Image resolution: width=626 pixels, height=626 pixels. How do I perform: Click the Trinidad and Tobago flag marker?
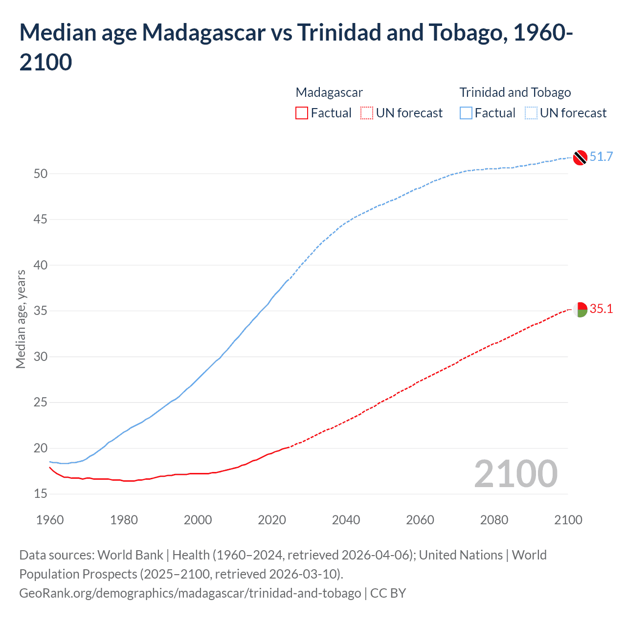pyautogui.click(x=580, y=157)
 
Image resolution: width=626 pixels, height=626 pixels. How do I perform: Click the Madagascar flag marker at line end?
pyautogui.click(x=580, y=310)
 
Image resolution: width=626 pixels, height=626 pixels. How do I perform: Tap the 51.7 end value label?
pyautogui.click(x=601, y=156)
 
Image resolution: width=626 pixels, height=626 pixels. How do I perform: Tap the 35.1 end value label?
pyautogui.click(x=601, y=309)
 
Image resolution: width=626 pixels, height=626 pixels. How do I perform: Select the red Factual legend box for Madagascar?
pyautogui.click(x=302, y=113)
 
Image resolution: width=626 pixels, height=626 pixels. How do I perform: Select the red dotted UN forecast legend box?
pyautogui.click(x=367, y=113)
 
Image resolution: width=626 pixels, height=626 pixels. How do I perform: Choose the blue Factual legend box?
pyautogui.click(x=466, y=113)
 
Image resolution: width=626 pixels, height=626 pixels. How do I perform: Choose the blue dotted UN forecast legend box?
pyautogui.click(x=531, y=113)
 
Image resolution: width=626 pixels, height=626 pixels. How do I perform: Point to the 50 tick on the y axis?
pyautogui.click(x=41, y=174)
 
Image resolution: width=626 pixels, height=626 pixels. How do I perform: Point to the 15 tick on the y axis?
pyautogui.click(x=41, y=494)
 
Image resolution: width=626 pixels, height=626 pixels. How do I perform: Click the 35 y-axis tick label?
pyautogui.click(x=41, y=311)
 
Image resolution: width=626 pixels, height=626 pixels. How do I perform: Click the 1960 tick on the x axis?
pyautogui.click(x=50, y=520)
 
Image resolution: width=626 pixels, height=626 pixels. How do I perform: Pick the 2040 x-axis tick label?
pyautogui.click(x=346, y=520)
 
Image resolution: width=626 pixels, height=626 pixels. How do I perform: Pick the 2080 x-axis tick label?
pyautogui.click(x=494, y=520)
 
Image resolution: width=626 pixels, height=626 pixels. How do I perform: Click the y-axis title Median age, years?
pyautogui.click(x=21, y=319)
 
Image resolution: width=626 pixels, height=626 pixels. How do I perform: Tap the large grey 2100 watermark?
pyautogui.click(x=515, y=474)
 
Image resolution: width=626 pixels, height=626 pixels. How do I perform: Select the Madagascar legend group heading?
pyautogui.click(x=329, y=92)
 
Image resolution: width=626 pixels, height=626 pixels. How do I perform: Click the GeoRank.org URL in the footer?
pyautogui.click(x=190, y=593)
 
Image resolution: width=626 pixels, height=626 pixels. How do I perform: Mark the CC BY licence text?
pyautogui.click(x=388, y=593)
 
